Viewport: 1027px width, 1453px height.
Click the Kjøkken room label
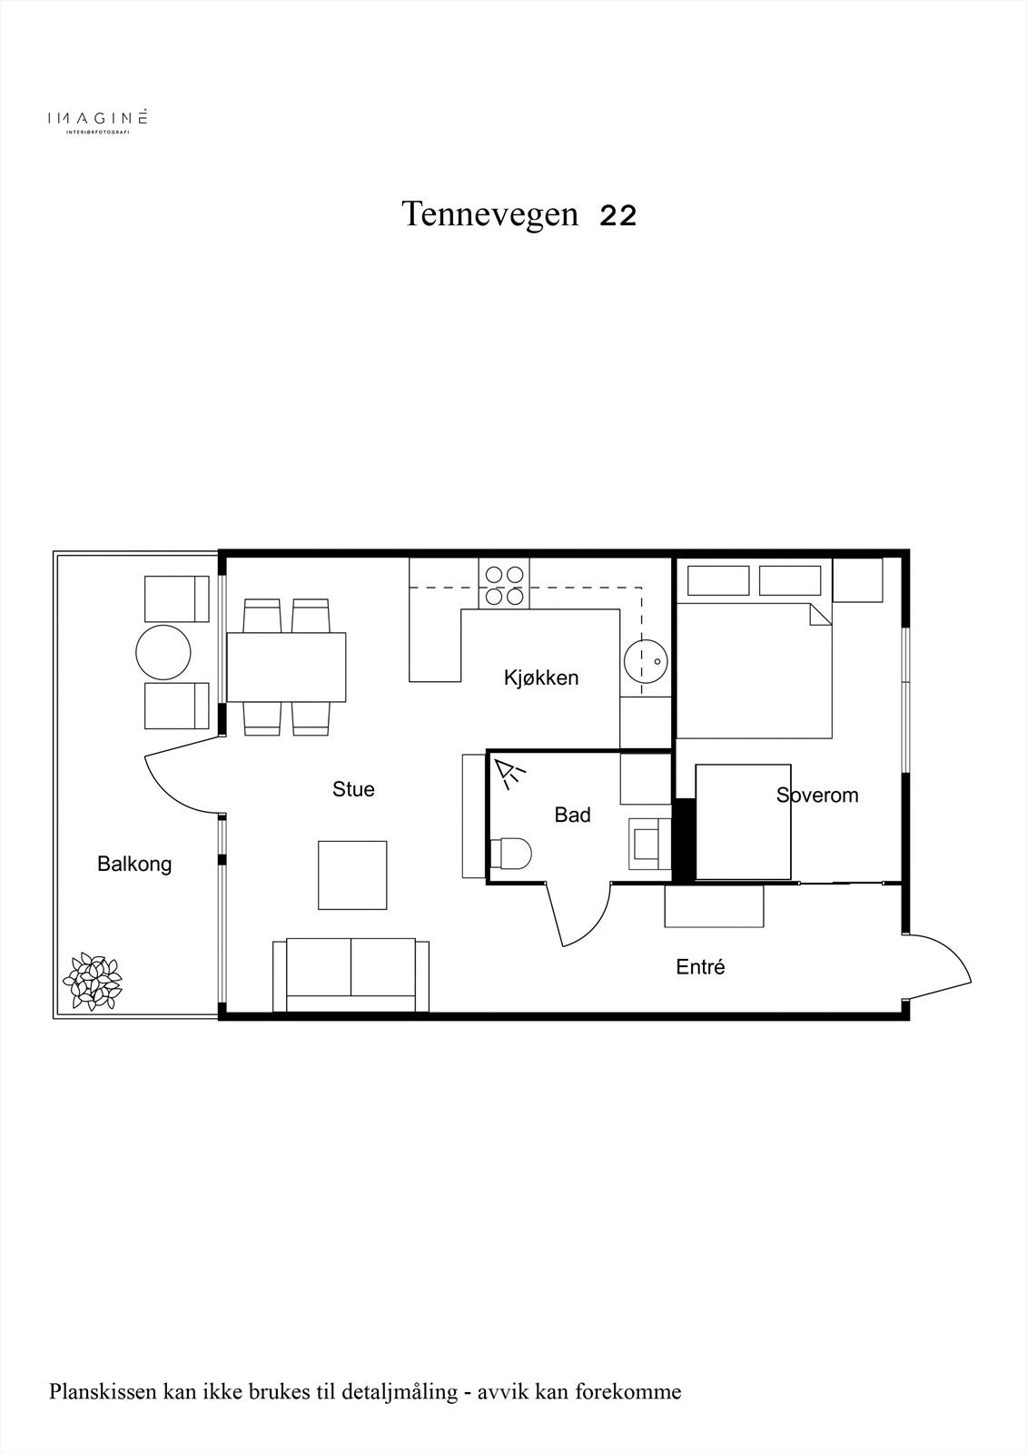point(541,677)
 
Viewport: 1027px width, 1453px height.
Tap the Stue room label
point(353,789)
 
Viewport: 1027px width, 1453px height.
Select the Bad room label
point(572,815)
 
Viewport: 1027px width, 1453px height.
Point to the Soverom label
point(817,796)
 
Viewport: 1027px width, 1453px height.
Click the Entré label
point(700,967)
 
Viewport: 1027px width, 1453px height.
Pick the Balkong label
point(134,864)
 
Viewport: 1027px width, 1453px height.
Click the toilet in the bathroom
point(509,854)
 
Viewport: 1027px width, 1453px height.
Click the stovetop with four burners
point(505,585)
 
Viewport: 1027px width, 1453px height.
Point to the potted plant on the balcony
point(92,982)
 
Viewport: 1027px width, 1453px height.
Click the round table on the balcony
point(163,652)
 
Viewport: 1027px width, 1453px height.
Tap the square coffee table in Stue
point(352,875)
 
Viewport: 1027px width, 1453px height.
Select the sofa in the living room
point(351,975)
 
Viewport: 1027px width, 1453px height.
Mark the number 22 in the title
point(617,216)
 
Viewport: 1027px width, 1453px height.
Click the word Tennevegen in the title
point(489,214)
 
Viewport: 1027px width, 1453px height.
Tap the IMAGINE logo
point(97,119)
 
